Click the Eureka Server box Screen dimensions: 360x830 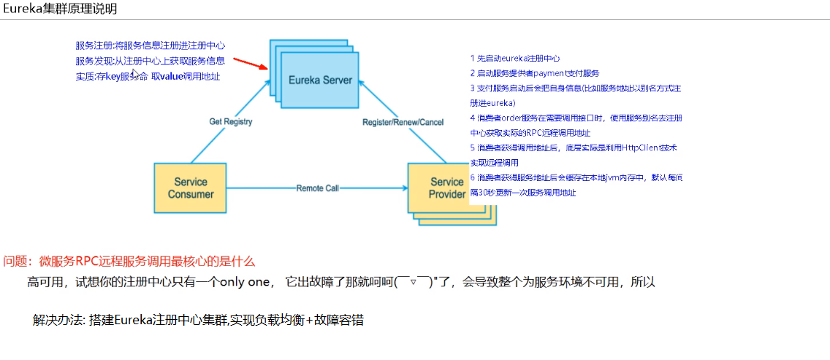tap(319, 80)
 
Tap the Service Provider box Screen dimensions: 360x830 tap(446, 188)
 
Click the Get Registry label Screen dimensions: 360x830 tap(231, 121)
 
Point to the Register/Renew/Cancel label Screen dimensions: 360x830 tap(403, 122)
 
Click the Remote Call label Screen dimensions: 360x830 tap(318, 188)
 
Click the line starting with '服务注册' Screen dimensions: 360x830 tap(149, 46)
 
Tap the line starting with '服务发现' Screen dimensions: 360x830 tap(150, 61)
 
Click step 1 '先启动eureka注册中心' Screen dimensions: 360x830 tap(515, 58)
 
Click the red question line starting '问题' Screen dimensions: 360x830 tap(129, 261)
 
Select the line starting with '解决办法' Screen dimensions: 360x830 tap(198, 320)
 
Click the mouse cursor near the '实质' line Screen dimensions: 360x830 tap(134, 73)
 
